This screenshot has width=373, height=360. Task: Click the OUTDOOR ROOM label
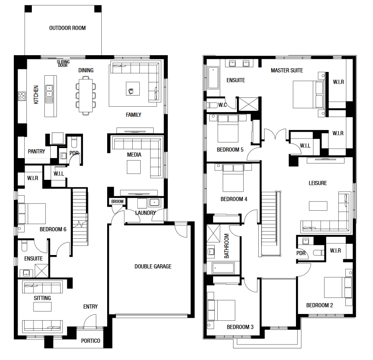(67, 28)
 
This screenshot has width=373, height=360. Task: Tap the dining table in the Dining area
(86, 95)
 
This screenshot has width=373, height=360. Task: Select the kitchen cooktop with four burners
(22, 96)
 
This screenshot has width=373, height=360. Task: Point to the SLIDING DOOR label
(63, 64)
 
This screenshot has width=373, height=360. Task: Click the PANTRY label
(36, 151)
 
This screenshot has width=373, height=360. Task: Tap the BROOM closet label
(117, 202)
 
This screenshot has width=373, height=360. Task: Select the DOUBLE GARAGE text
(153, 266)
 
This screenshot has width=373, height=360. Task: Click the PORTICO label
(90, 341)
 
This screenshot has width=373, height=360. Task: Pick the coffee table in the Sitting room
(42, 307)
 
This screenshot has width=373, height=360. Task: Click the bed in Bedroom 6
(32, 213)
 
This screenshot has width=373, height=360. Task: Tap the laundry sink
(154, 202)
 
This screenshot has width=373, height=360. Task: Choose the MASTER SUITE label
(287, 70)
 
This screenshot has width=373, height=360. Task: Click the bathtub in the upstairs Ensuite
(214, 78)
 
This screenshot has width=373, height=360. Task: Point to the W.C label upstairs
(223, 105)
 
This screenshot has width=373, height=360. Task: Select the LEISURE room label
(318, 183)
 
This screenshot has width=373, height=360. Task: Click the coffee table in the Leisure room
(318, 206)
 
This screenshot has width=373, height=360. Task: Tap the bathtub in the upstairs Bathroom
(223, 268)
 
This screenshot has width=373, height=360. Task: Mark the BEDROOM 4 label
(234, 199)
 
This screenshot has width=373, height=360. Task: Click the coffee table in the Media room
(134, 167)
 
